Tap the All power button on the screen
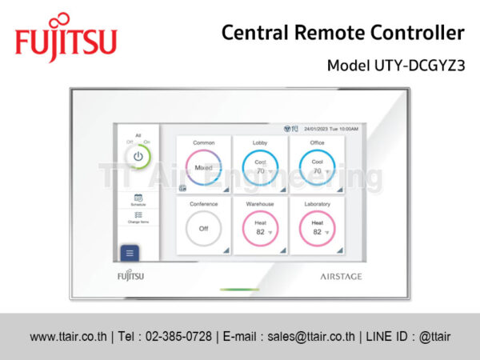tap(138, 156)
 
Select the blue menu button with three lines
tap(130, 253)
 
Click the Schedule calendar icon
tap(138, 198)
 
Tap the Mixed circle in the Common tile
tap(203, 167)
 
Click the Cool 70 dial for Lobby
tap(260, 167)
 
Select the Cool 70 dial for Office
tap(317, 167)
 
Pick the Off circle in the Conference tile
tap(203, 228)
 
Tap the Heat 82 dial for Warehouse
tap(260, 228)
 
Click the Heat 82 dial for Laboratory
tap(317, 228)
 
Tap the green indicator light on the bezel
tap(239, 290)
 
